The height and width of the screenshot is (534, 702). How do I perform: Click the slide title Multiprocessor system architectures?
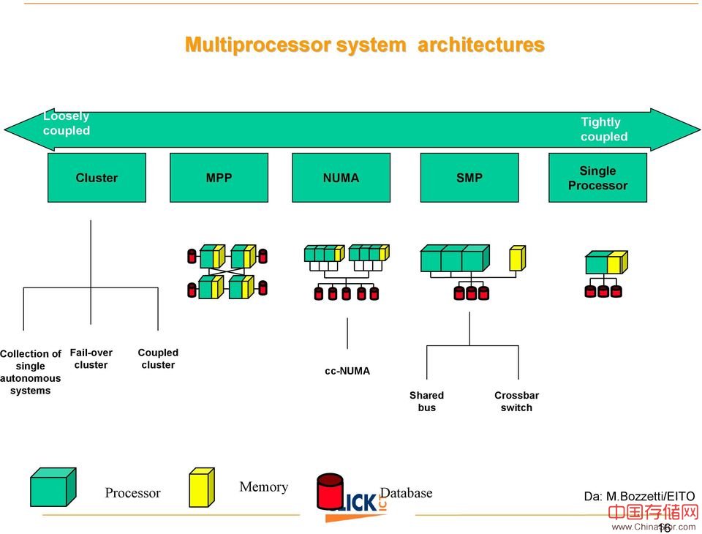(x=364, y=45)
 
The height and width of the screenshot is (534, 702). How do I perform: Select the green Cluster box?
(x=97, y=178)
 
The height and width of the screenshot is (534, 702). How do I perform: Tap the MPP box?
(x=219, y=178)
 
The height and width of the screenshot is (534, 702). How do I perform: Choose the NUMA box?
(x=341, y=178)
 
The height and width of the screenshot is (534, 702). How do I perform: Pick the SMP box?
(x=469, y=178)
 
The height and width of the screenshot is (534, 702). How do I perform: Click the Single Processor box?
(x=597, y=178)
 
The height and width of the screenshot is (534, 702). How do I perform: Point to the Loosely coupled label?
(x=66, y=124)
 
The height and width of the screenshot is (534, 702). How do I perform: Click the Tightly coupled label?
(x=604, y=129)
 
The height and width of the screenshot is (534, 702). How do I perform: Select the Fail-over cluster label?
(x=91, y=358)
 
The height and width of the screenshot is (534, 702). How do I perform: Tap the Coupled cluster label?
(x=158, y=358)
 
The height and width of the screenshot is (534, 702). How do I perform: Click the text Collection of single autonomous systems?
(x=31, y=372)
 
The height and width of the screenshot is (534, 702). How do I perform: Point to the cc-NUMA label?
(x=347, y=371)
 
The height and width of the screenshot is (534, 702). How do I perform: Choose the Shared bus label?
(x=426, y=402)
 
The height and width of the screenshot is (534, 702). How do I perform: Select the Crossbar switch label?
(x=516, y=402)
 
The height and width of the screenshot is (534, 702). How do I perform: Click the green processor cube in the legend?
(x=53, y=487)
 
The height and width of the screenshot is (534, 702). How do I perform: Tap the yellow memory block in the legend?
(x=201, y=487)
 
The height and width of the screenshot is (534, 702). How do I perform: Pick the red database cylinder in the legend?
(x=330, y=490)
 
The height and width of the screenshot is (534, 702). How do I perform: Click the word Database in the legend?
(x=406, y=493)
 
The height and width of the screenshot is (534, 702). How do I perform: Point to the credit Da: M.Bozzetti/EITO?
(x=639, y=497)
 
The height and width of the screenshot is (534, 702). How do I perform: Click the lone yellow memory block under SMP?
(x=517, y=258)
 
